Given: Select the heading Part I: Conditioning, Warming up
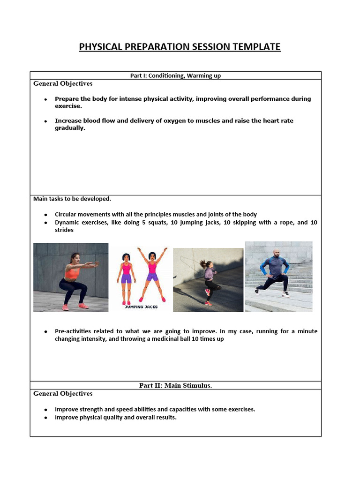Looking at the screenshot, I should (x=175, y=75).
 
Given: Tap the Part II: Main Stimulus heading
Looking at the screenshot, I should (x=175, y=385).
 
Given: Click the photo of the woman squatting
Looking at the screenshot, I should (x=71, y=277).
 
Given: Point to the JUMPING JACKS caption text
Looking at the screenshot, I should (x=142, y=307).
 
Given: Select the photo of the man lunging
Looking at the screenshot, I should (x=278, y=276).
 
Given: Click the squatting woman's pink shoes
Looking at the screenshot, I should (x=75, y=307).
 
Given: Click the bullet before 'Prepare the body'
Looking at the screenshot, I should (x=45, y=99).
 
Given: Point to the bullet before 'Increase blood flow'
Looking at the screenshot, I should (x=45, y=121).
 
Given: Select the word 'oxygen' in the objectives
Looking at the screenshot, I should (x=173, y=120).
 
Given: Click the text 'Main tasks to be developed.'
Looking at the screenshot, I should (x=72, y=199).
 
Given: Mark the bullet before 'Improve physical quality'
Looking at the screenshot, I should (x=45, y=418).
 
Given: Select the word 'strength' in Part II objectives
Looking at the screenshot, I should (x=89, y=409).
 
